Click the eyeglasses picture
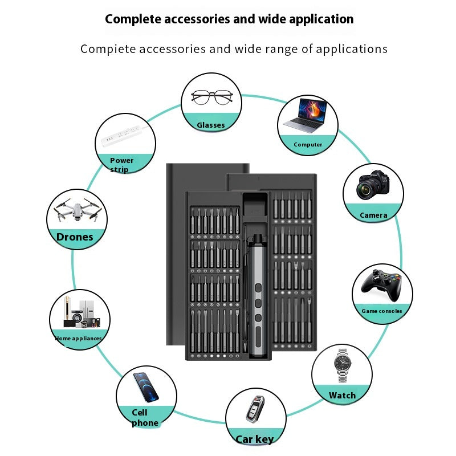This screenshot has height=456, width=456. pyautogui.click(x=211, y=97)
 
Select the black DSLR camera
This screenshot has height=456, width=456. pyautogui.click(x=373, y=185)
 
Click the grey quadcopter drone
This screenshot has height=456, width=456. pyautogui.click(x=76, y=210)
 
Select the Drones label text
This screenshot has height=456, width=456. pyautogui.click(x=75, y=237)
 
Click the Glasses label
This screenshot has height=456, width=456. pyautogui.click(x=211, y=125)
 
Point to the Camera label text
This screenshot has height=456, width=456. pyautogui.click(x=373, y=215)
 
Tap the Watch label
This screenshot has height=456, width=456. pyautogui.click(x=342, y=395)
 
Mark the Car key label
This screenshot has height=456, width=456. pyautogui.click(x=255, y=439)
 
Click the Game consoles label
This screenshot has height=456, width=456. pyautogui.click(x=382, y=311)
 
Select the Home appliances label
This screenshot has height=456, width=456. pyautogui.click(x=79, y=339)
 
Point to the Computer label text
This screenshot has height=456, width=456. pyautogui.click(x=308, y=145)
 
